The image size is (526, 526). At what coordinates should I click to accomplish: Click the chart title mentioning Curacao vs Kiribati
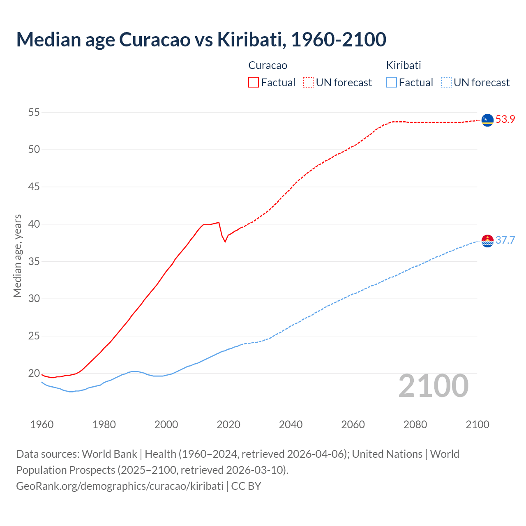tap(201, 39)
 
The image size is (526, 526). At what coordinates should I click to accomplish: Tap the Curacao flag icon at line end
tap(487, 120)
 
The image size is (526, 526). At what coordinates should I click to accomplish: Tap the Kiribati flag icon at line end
tap(487, 241)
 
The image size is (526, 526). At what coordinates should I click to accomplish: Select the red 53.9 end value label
tap(505, 120)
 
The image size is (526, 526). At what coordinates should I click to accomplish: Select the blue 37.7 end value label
tap(505, 240)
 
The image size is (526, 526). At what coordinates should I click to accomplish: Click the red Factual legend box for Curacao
tap(254, 82)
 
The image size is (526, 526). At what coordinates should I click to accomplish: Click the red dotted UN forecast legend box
tap(308, 82)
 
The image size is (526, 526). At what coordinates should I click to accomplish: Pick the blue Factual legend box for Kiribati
tap(392, 82)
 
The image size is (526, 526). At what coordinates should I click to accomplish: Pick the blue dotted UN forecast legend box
tap(446, 82)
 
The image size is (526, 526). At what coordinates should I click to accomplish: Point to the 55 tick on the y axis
tap(34, 112)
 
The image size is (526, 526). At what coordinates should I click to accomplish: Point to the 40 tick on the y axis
tap(34, 224)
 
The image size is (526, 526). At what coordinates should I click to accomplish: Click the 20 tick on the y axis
tap(34, 374)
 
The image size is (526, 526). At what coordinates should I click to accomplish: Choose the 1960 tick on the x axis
tap(42, 424)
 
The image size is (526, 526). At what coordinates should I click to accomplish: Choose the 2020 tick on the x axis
tap(228, 424)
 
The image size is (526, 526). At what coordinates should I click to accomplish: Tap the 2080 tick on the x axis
tap(415, 424)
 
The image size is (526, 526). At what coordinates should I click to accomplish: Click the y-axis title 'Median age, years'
tap(17, 256)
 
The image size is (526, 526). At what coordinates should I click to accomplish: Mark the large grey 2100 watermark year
tap(433, 386)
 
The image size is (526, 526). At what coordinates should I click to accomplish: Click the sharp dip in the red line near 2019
tap(225, 241)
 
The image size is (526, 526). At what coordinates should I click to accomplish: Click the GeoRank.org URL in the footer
tap(120, 486)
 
